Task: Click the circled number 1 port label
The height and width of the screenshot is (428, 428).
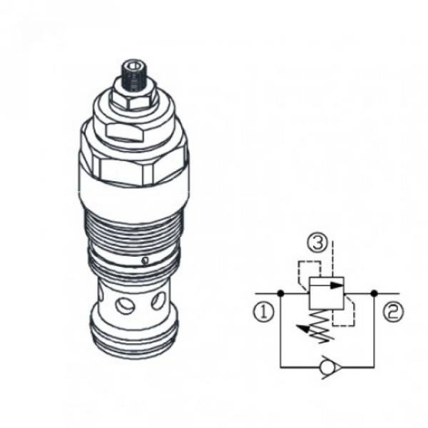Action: point(264,312)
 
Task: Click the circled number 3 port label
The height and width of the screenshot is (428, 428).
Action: point(318,244)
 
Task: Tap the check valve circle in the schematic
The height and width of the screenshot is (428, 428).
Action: point(327,367)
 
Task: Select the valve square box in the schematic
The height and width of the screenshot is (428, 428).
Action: point(326,293)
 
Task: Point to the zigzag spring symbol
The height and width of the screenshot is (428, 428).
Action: point(322,326)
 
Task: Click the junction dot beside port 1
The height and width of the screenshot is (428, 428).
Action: point(280,293)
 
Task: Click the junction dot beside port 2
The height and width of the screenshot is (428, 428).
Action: point(374,293)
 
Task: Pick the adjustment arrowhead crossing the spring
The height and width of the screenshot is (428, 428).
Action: point(301,327)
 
